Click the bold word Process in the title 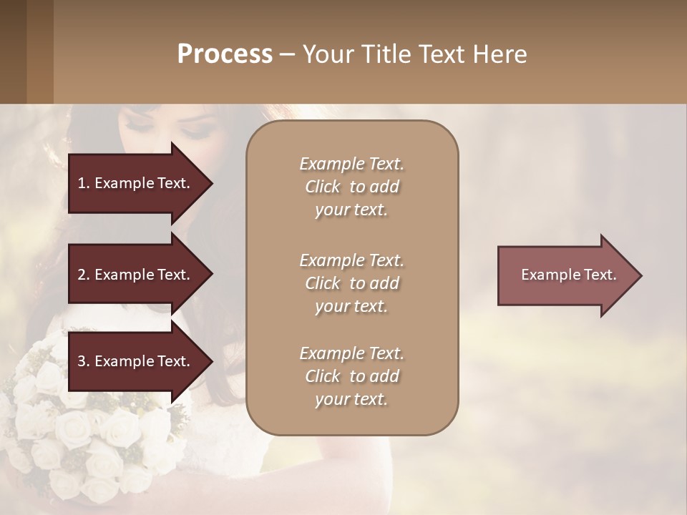[225, 54]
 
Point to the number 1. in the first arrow [84, 183]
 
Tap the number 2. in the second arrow [84, 275]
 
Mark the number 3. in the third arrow [84, 361]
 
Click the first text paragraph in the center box [351, 187]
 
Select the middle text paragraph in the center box [351, 283]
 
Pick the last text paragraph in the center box [351, 376]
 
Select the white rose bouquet [79, 422]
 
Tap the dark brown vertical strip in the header [39, 51]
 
